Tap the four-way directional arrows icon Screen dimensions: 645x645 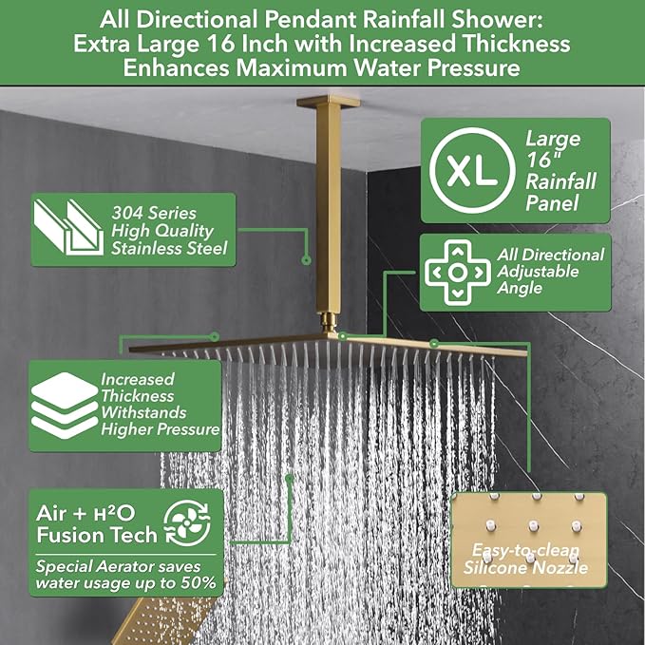click(x=458, y=273)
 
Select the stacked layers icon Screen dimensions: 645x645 click(x=65, y=404)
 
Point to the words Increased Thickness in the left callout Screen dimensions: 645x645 click(x=140, y=388)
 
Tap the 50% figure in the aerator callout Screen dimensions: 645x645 click(x=198, y=582)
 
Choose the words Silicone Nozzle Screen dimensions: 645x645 click(x=525, y=568)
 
